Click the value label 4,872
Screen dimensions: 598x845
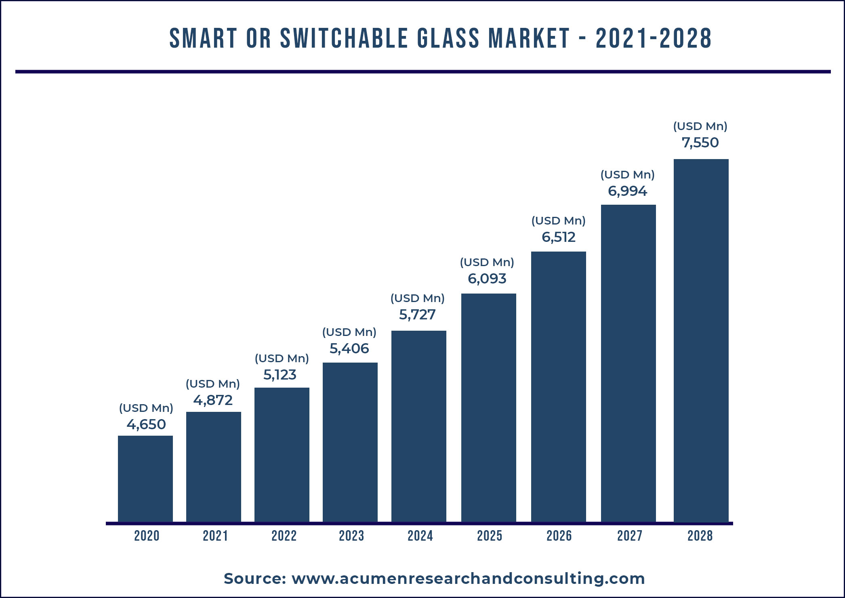(213, 400)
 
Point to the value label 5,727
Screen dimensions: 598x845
(417, 315)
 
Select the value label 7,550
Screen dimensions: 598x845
(700, 143)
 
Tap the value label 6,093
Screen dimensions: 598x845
(487, 279)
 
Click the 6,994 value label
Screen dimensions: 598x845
(627, 191)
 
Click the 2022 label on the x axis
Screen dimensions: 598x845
(284, 536)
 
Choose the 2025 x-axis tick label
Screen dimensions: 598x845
(490, 536)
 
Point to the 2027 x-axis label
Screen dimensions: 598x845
(629, 536)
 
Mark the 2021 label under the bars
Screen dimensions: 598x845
(215, 536)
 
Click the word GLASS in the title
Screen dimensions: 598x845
(448, 38)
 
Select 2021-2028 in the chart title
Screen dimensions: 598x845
(654, 38)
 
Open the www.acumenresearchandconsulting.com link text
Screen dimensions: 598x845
(468, 579)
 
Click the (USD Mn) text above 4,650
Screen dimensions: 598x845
(146, 408)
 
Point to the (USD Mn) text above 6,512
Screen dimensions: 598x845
(558, 220)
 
